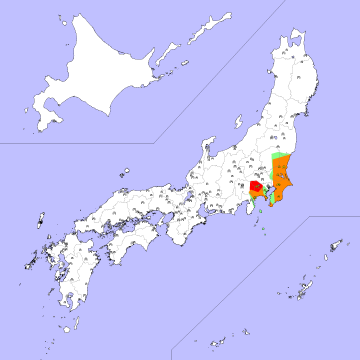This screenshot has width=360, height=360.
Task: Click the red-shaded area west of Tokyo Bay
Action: (256, 187)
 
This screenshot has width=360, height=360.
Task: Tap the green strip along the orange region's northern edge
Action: (283, 154)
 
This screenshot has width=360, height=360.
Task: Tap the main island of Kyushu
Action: (70, 270)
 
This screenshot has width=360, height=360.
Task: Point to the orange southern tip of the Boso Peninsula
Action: (272, 207)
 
